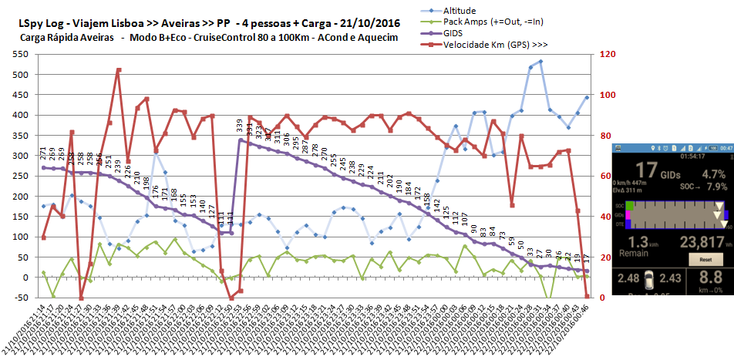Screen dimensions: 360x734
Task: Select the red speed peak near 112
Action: click(x=119, y=70)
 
